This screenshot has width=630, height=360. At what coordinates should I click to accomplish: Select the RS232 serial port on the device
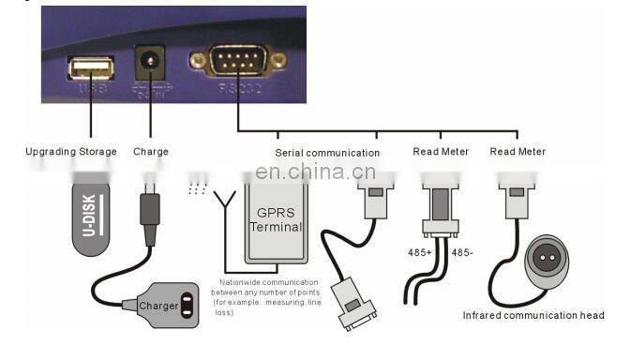(x=237, y=63)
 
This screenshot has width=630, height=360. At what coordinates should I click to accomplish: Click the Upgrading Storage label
(x=71, y=152)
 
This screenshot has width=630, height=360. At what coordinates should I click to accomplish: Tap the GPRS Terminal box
(x=278, y=220)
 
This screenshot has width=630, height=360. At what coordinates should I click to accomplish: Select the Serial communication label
(x=327, y=152)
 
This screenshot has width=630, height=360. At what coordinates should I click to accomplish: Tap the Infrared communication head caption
(x=533, y=316)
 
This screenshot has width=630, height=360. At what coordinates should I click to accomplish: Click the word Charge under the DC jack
(x=151, y=152)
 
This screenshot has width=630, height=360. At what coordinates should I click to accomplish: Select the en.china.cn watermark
(x=315, y=172)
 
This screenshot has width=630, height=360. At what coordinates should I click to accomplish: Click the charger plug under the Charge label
(x=150, y=210)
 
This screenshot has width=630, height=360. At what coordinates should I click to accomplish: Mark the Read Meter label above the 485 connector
(x=441, y=152)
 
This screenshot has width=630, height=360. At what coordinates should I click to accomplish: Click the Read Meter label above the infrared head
(x=517, y=152)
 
